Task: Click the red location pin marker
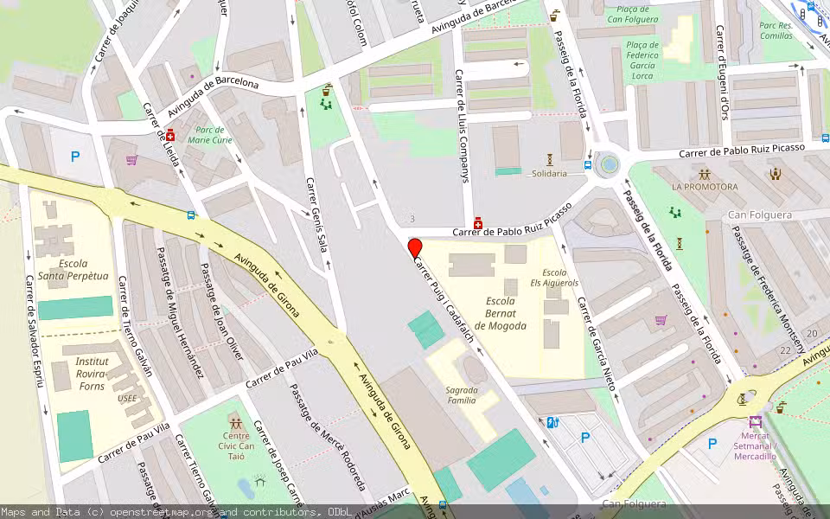pyautogui.click(x=415, y=247)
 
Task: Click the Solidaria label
pyautogui.click(x=549, y=173)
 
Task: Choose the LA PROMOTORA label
pyautogui.click(x=705, y=187)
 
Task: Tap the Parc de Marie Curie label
pyautogui.click(x=209, y=134)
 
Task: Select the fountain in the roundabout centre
pyautogui.click(x=610, y=163)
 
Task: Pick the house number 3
pyautogui.click(x=412, y=219)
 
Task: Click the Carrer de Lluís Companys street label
pyautogui.click(x=463, y=125)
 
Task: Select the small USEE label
pyautogui.click(x=127, y=399)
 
